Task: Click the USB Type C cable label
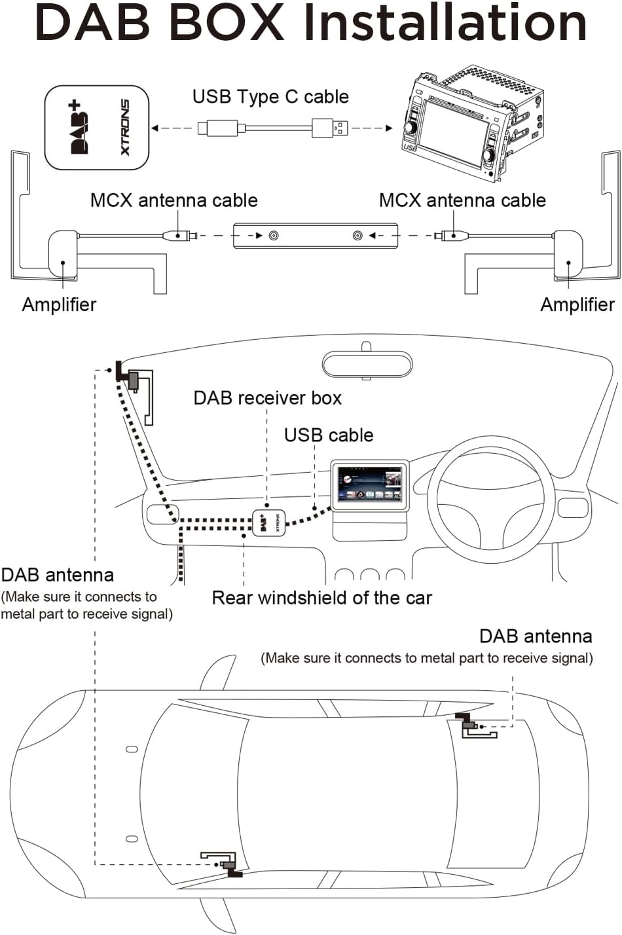coord(270,97)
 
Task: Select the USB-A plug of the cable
coord(330,128)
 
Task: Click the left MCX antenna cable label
coord(174,200)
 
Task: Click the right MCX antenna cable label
coord(462,200)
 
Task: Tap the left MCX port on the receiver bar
coord(274,236)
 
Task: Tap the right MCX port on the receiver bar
coord(357,236)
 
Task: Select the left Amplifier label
coord(59,304)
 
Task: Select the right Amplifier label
coord(577,304)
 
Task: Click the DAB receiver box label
coord(268,398)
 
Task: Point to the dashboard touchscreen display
coord(369,485)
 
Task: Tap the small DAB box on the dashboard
coord(269,523)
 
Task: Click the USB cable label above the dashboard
coord(329,435)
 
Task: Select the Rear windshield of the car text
coord(321,598)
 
